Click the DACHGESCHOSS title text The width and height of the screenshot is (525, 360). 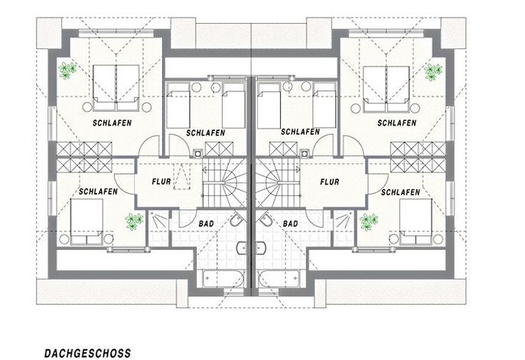[x=88, y=353]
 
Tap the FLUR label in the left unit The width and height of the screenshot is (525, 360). [x=161, y=182]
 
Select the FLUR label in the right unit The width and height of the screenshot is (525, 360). [x=330, y=182]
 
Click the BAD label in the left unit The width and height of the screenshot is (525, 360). [x=207, y=224]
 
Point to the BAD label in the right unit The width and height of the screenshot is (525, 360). [x=290, y=224]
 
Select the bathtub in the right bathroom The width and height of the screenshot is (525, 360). [x=279, y=279]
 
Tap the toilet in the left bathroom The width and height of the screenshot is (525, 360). [x=237, y=220]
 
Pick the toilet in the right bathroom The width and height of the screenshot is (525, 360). [x=265, y=220]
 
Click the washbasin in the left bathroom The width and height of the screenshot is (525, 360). [x=242, y=248]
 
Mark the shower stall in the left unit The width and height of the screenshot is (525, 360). [x=158, y=228]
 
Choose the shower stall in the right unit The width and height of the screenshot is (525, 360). [x=344, y=228]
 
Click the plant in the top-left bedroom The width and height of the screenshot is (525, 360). [x=67, y=70]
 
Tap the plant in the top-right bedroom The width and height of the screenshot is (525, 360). [x=433, y=72]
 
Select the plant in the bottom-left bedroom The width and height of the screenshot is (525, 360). [x=134, y=221]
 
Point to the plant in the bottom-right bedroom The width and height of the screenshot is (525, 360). [x=369, y=222]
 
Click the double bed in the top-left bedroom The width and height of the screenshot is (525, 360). [x=116, y=88]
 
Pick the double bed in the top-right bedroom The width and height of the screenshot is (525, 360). [x=386, y=89]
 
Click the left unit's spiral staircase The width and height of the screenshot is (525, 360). [x=224, y=183]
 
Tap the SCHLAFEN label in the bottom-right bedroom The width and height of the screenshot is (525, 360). [x=400, y=192]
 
